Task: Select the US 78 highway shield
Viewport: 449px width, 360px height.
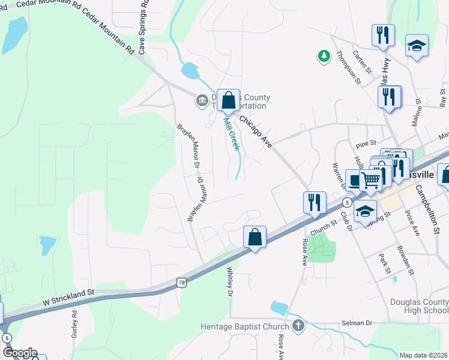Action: [x=182, y=281]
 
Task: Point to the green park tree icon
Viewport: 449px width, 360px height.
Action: [x=324, y=56]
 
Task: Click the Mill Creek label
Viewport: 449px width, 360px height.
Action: [x=231, y=134]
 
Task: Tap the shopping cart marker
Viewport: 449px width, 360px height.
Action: [x=371, y=178]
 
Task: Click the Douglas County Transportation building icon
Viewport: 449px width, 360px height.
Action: [x=201, y=100]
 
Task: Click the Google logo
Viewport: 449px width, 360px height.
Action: [x=19, y=352]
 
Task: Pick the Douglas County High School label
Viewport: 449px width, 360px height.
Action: [x=418, y=306]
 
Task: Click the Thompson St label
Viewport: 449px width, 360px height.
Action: [x=349, y=67]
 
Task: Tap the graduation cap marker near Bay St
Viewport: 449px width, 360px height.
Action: [x=416, y=46]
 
